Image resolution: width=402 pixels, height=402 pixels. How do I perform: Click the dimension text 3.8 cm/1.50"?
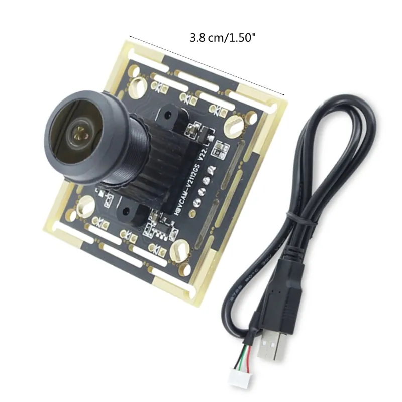coord(225,37)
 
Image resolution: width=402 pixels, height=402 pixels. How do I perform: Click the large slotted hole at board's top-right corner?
coord(234,122)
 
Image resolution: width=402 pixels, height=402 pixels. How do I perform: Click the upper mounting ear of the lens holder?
coord(169,116)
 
